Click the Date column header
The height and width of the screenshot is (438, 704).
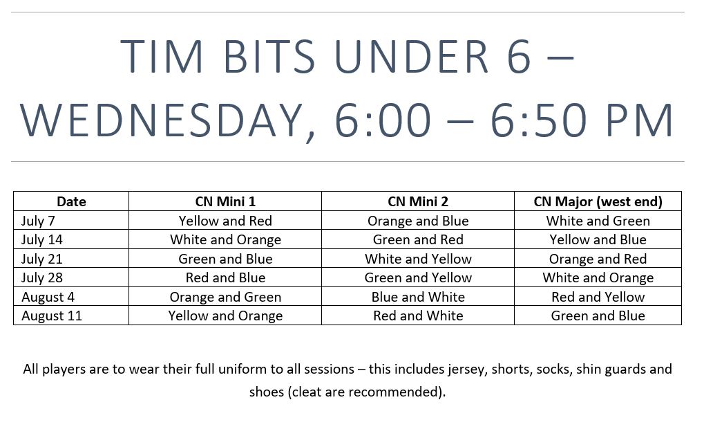(71, 201)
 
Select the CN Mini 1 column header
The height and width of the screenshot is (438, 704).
(225, 201)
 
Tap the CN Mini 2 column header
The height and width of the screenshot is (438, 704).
(418, 201)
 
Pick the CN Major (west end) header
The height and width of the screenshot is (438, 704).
(598, 201)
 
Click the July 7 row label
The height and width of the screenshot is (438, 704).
(38, 221)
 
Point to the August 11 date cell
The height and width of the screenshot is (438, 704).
(52, 316)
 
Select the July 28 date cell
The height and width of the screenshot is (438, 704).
(41, 278)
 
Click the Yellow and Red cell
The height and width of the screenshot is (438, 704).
(225, 221)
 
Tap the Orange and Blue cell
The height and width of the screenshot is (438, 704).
(418, 221)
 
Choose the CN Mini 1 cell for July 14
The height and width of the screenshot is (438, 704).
(225, 239)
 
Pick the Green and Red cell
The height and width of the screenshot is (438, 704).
(418, 239)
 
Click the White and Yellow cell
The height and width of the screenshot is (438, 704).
(418, 259)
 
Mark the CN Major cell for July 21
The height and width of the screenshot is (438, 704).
(598, 259)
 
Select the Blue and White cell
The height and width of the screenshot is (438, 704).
(418, 297)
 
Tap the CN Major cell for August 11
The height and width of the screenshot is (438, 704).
(598, 316)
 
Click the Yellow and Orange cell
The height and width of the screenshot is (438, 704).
(225, 316)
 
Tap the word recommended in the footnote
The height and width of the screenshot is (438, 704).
(395, 392)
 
